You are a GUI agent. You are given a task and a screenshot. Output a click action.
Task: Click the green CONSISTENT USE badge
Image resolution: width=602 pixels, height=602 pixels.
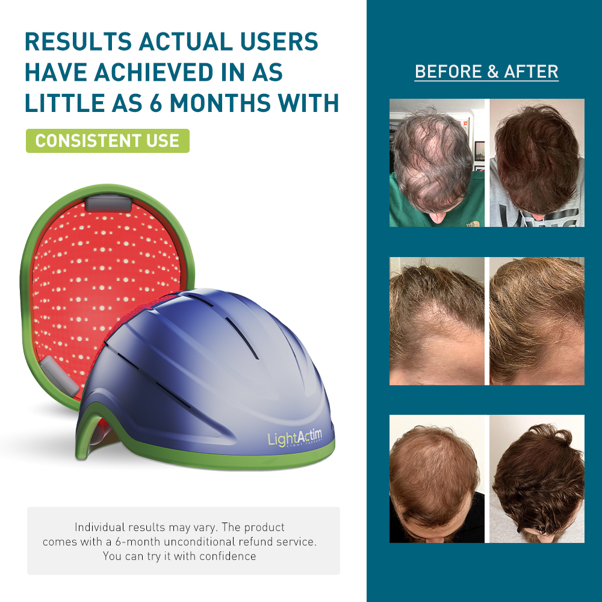tap(108, 141)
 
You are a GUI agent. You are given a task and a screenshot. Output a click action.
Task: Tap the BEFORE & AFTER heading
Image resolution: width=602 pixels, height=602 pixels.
tap(486, 72)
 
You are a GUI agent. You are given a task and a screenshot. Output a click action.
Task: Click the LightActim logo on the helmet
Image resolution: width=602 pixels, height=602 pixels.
tap(295, 438)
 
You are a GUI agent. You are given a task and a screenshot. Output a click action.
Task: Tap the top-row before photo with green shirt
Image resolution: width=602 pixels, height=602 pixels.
tap(437, 163)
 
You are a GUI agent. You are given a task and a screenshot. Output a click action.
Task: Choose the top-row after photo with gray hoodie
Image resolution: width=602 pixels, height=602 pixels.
tap(537, 163)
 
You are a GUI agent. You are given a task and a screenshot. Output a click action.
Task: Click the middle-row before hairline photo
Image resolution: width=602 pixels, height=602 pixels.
tap(437, 321)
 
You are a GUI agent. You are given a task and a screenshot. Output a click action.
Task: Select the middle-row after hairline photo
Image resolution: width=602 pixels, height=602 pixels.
tap(537, 321)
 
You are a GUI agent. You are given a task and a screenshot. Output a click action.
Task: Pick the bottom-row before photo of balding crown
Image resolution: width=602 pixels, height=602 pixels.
tap(437, 479)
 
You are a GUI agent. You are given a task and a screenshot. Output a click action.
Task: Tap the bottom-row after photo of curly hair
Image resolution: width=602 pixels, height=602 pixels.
tap(537, 479)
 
